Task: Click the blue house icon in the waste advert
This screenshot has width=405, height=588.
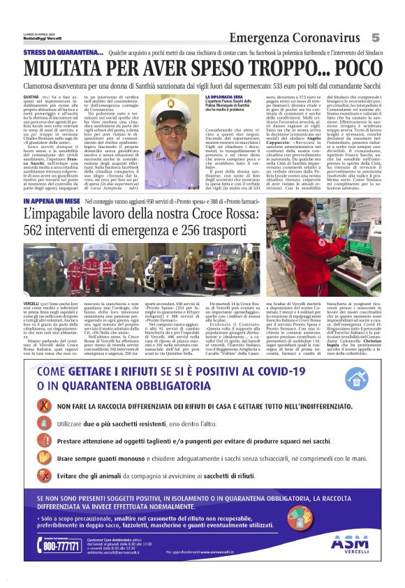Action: (356, 378)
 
